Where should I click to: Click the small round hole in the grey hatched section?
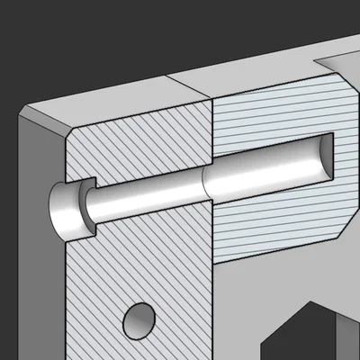[x=139, y=319]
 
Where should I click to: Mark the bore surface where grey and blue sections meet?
[x=209, y=184]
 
